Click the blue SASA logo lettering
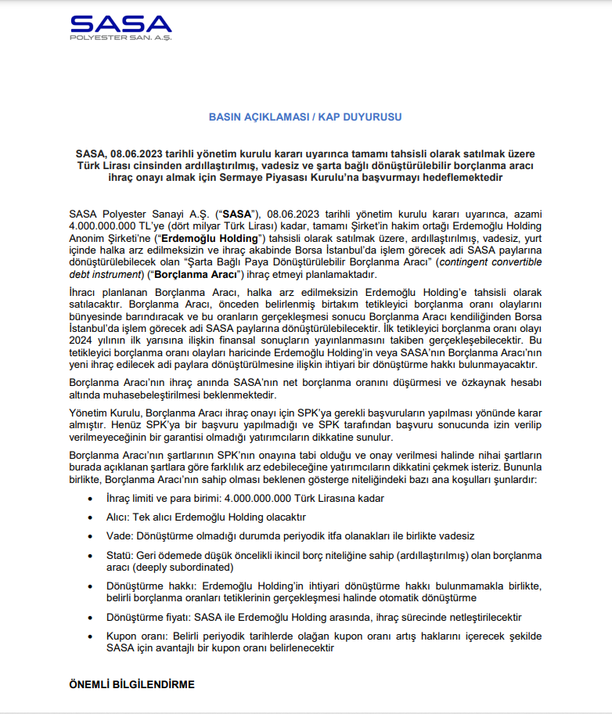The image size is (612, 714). [x=120, y=23]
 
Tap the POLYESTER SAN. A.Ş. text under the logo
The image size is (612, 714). [x=120, y=38]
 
